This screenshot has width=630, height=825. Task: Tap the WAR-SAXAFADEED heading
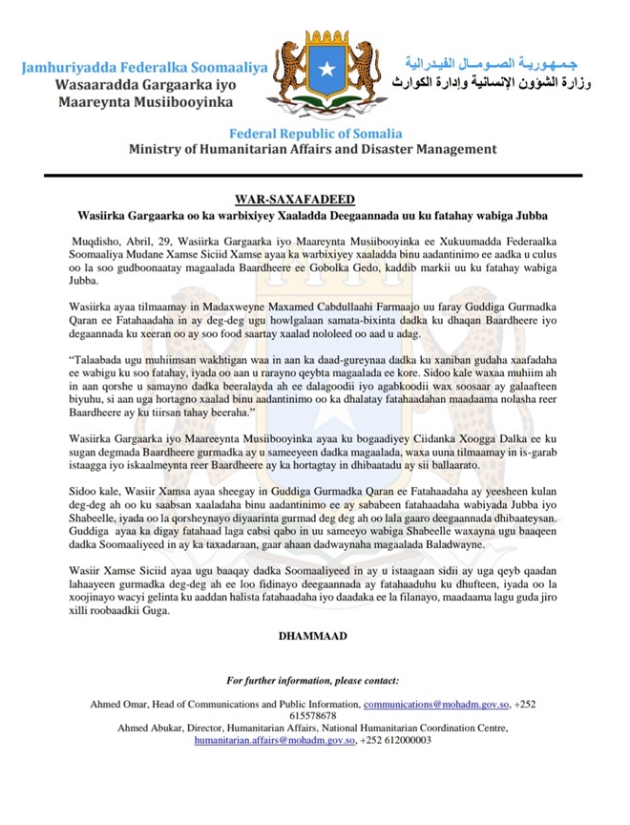click(314, 201)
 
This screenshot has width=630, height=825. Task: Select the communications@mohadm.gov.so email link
click(436, 704)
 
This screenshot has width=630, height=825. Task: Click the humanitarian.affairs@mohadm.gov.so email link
click(275, 739)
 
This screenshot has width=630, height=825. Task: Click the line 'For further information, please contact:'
click(313, 680)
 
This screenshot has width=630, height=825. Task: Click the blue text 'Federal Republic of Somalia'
click(314, 133)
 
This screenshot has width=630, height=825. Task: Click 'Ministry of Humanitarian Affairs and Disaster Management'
click(314, 150)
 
